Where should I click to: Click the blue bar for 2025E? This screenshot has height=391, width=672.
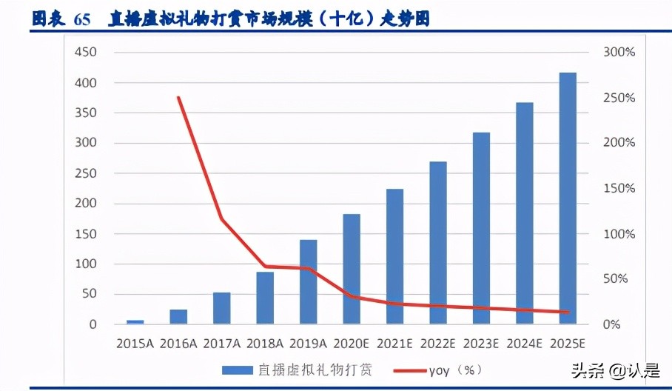[x=568, y=198]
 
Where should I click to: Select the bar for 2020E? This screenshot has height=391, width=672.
[x=352, y=269]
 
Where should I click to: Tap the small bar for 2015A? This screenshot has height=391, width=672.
[x=135, y=322]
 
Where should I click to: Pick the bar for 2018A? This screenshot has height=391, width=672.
[x=265, y=298]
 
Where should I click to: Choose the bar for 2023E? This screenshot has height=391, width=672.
[x=481, y=228]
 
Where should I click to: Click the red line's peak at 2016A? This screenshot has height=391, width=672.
[x=178, y=97]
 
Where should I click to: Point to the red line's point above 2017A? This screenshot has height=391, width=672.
[x=222, y=218]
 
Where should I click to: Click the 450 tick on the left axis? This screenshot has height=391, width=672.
[x=86, y=53]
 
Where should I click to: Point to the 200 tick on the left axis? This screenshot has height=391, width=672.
[x=86, y=204]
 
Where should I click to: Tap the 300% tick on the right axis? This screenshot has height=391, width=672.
[x=619, y=53]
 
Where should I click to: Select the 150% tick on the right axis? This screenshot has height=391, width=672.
[x=619, y=188]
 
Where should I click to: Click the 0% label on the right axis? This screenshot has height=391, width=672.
[x=611, y=324]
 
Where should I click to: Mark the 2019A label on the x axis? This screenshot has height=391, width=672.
[x=308, y=344]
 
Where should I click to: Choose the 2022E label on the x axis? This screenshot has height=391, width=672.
[x=437, y=344]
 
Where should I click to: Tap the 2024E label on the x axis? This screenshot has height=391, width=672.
[x=524, y=344]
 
